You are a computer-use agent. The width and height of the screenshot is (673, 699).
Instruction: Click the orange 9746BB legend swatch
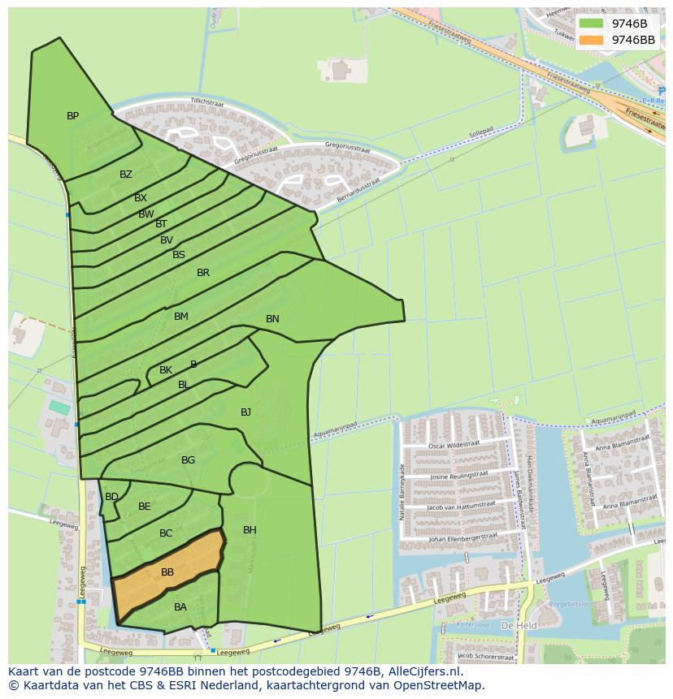[x=591, y=40]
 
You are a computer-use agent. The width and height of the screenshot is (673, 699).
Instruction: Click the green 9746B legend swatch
[x=591, y=24]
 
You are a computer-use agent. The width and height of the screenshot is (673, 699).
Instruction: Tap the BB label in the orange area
[x=167, y=572]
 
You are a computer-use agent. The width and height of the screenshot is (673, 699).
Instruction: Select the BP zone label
[x=73, y=116]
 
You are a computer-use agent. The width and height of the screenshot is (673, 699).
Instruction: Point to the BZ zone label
[x=126, y=175]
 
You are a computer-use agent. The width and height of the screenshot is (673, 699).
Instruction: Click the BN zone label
[x=272, y=319]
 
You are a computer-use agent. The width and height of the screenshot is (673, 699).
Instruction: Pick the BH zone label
[x=250, y=530]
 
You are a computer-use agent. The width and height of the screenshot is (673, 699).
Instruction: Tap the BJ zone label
[x=245, y=412]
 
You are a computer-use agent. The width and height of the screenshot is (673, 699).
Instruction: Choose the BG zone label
[x=188, y=460]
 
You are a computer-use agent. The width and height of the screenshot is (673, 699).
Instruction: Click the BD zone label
[x=112, y=497]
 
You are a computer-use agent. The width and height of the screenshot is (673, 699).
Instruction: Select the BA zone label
[x=180, y=607]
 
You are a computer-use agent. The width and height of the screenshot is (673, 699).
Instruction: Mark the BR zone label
[x=203, y=273]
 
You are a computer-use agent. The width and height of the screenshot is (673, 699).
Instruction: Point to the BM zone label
[x=181, y=317]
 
